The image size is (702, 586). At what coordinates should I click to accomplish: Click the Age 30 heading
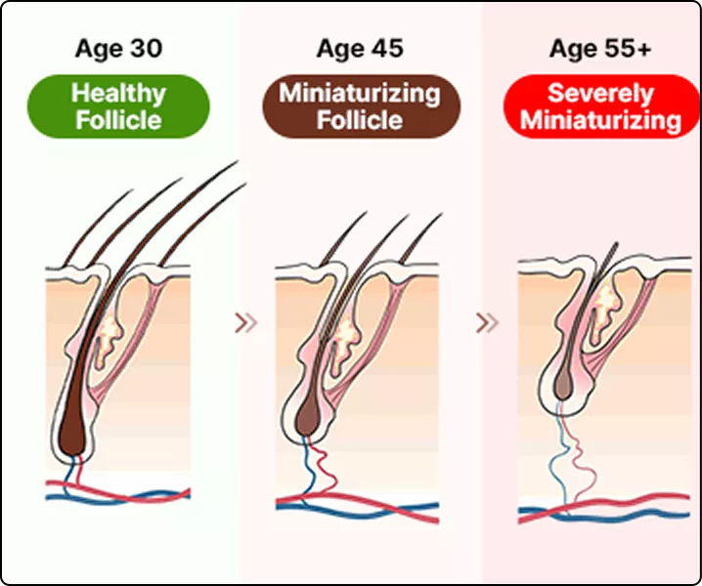[119, 49]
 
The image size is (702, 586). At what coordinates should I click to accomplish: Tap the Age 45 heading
[359, 49]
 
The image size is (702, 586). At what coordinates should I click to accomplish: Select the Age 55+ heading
[600, 49]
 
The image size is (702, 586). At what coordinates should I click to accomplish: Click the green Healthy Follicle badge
[119, 106]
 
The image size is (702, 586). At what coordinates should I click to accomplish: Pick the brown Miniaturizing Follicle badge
[359, 106]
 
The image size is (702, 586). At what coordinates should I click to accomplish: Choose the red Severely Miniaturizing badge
[600, 106]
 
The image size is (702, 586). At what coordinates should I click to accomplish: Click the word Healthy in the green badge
[119, 94]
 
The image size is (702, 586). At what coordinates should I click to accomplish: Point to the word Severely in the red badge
[600, 94]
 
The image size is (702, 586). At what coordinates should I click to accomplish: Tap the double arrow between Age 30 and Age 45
[247, 321]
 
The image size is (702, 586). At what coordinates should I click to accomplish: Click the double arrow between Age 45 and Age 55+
[486, 321]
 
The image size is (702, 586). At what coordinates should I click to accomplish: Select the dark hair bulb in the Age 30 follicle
[74, 434]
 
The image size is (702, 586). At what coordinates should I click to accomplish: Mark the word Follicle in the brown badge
[359, 120]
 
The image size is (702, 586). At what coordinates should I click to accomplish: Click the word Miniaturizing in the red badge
[600, 120]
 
